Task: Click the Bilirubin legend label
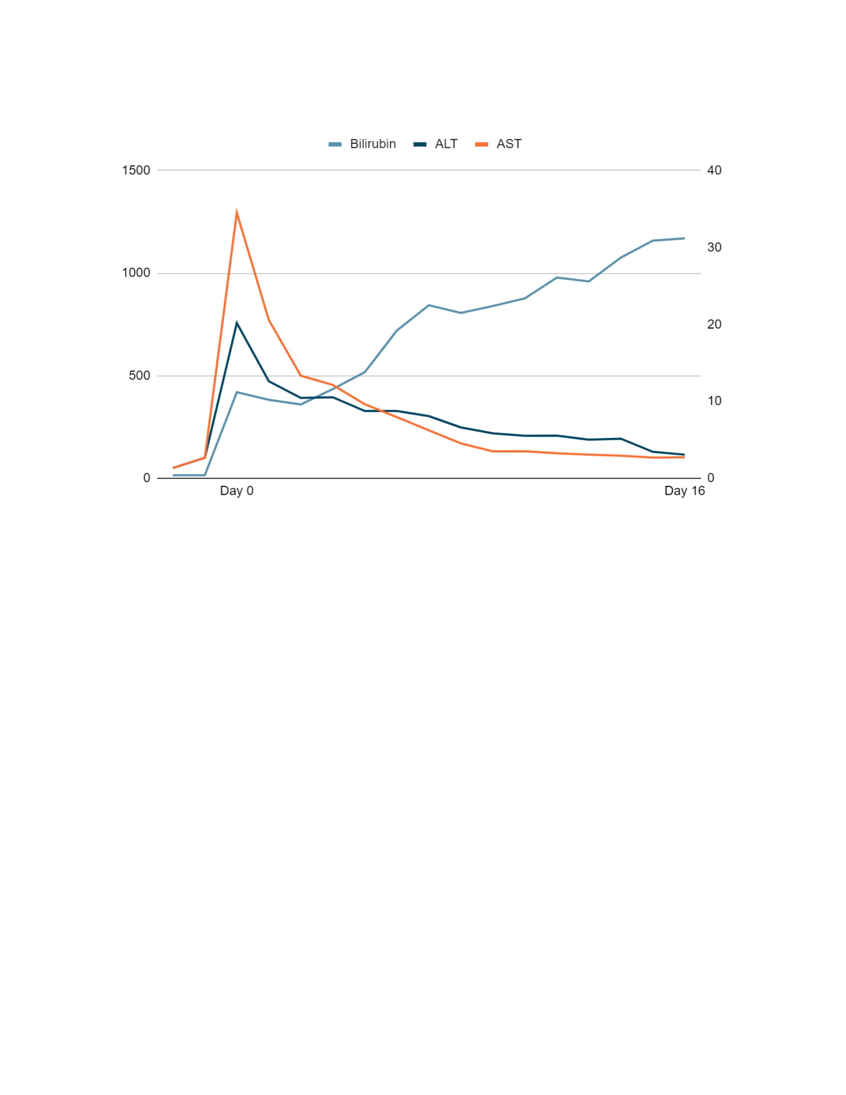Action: coord(372,144)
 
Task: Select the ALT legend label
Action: coord(445,144)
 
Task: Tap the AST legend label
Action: coord(509,144)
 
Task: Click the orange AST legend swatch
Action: coord(481,144)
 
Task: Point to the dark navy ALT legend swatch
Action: coord(420,144)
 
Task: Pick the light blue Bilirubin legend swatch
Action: coord(335,144)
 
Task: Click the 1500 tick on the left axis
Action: coord(136,170)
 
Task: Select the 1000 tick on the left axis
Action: coord(136,273)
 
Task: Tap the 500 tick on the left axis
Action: coord(139,375)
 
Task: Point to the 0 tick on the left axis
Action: coord(146,478)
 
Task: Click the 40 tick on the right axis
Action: coord(714,170)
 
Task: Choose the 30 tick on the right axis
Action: coord(714,247)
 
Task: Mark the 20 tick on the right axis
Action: coord(714,325)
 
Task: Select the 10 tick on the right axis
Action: coord(714,401)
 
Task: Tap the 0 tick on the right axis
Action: coord(711,478)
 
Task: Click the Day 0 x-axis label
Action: coord(236,491)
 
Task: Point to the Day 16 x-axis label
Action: coord(684,491)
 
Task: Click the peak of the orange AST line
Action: coord(236,212)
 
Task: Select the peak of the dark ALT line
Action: coord(236,323)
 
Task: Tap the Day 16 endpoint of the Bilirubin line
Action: coord(684,238)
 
